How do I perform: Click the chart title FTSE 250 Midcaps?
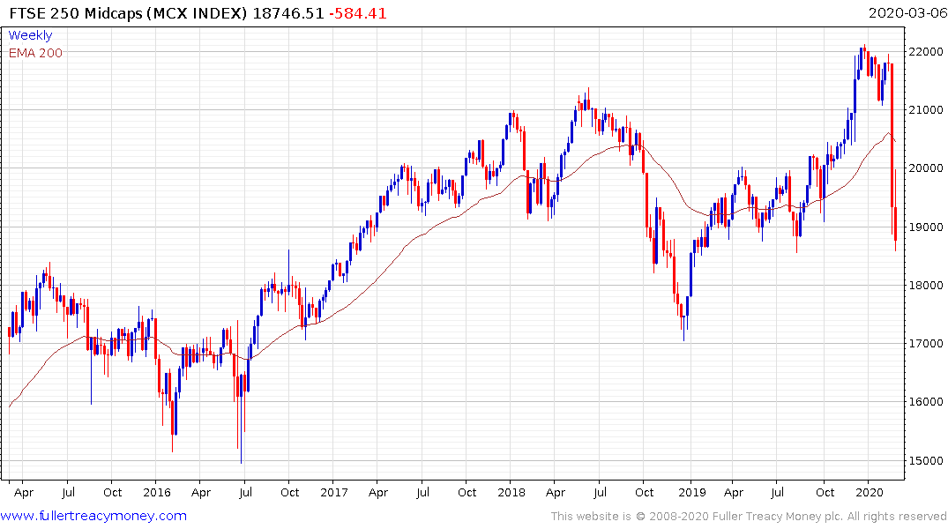click(71, 13)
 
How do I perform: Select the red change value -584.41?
click(357, 13)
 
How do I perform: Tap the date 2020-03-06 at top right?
click(906, 13)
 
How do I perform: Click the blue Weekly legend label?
click(30, 36)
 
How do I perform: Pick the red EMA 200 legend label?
click(35, 53)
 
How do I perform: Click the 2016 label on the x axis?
click(157, 492)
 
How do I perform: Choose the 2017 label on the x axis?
click(335, 492)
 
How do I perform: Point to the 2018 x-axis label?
click(512, 492)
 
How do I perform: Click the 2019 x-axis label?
click(690, 492)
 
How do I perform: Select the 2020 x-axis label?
click(870, 492)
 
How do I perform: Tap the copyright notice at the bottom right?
click(749, 517)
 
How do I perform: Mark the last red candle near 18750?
click(896, 224)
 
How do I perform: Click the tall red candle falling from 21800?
click(892, 132)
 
